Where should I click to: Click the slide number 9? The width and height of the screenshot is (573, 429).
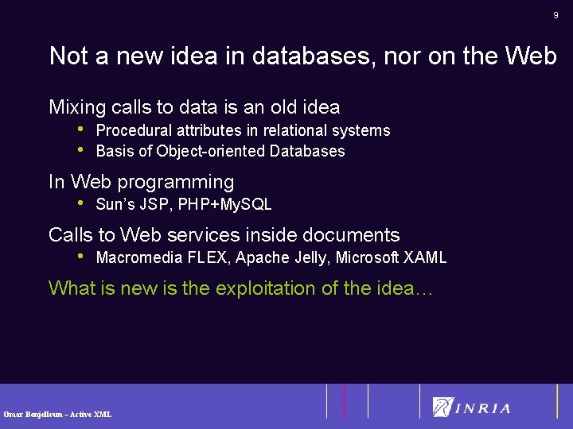pos(556,16)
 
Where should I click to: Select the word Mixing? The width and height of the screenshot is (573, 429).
pos(77,107)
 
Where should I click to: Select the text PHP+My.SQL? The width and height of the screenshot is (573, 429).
pos(225,204)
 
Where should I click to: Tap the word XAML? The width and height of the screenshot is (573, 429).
pos(426,257)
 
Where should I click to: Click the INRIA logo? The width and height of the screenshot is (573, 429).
pos(471,407)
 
